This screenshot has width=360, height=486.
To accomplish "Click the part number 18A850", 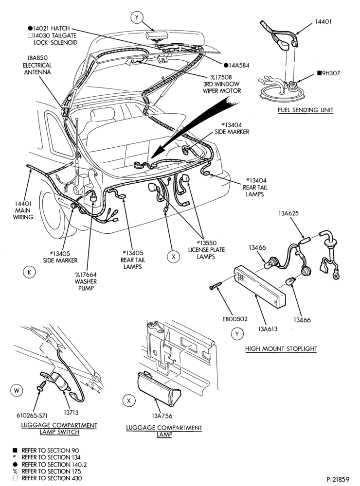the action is point(37,58).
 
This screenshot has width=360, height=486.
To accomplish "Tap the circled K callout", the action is point(30,273).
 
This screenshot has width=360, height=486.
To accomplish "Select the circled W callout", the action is point(17,391).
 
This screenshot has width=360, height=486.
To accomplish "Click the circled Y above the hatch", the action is point(137,17).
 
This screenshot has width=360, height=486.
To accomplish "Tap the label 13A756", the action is point(162,416).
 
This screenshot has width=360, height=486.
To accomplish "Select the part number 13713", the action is point(71,413).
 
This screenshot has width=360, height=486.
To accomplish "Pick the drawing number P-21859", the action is point(338,479).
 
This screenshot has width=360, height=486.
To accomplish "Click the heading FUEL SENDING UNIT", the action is point(306,110).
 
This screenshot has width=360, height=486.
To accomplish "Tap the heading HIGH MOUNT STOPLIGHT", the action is point(281,348).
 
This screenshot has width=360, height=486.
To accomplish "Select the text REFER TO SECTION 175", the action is point(51,471).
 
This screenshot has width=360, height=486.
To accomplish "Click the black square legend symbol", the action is point(15,451).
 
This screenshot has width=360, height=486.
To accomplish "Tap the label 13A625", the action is point(288,213).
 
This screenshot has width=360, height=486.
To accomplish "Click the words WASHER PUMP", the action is point(86,285).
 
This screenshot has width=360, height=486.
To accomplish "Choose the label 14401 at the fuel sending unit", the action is point(323,22).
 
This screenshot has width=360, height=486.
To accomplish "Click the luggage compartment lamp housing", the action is point(158,389).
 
